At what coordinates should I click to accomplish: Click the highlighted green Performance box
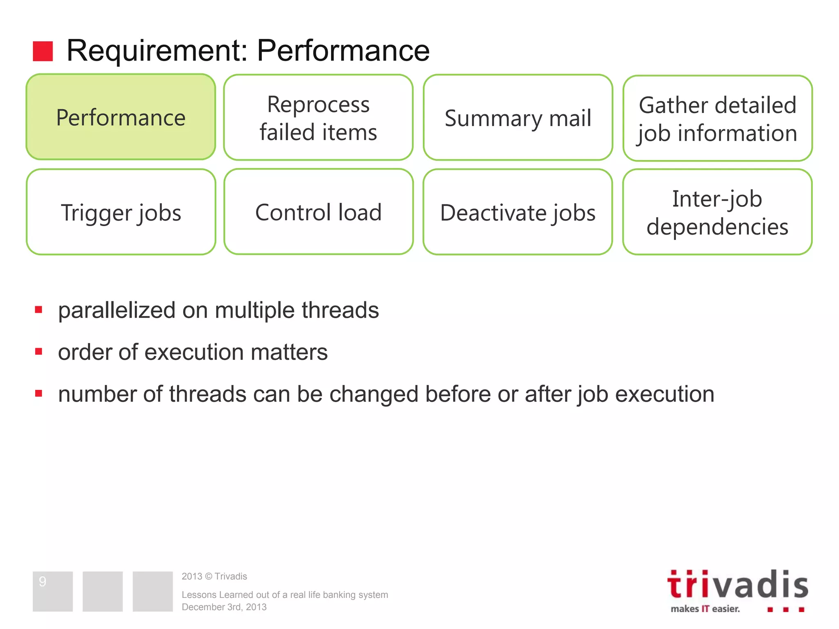[121, 117]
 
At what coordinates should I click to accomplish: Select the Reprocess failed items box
[318, 118]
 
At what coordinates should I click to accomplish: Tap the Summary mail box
[518, 118]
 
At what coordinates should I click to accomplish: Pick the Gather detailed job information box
[717, 118]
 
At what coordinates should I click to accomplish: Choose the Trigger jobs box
[121, 212]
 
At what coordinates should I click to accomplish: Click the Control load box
[318, 212]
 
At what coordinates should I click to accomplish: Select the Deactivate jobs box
[518, 212]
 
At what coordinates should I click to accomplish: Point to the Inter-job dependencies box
[717, 212]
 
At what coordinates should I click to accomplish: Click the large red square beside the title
[43, 51]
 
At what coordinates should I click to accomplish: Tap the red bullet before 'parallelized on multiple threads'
[39, 310]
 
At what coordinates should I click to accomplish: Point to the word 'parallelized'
[117, 310]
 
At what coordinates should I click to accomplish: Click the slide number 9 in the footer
[43, 581]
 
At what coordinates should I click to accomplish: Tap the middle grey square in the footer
[102, 591]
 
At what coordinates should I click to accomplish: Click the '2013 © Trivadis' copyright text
[214, 576]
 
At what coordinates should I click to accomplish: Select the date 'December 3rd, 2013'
[224, 607]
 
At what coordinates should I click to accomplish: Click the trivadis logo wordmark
[737, 585]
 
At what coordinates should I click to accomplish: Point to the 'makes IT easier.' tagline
[705, 609]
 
